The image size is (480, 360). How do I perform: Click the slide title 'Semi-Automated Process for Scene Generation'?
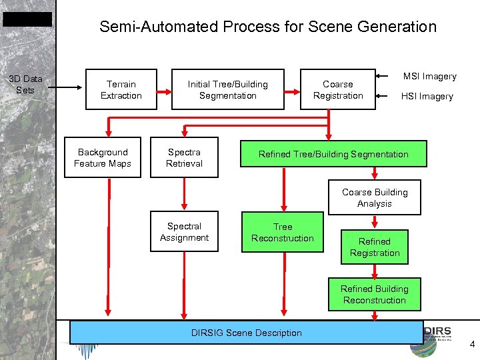point(267,27)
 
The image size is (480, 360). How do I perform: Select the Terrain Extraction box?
point(121,89)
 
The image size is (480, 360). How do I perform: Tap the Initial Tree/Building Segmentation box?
point(227,89)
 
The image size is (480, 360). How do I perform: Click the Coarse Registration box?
point(337,89)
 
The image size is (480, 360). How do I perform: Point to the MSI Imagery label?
point(429,76)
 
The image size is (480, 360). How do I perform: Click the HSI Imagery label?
point(427,97)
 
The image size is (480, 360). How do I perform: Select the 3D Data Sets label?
point(25,85)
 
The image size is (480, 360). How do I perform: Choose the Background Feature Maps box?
point(103,158)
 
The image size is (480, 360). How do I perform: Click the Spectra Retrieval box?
point(184,158)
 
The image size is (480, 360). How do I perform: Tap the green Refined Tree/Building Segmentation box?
point(333,155)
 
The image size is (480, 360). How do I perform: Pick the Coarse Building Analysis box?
point(374,198)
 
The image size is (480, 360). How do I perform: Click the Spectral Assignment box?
point(184,232)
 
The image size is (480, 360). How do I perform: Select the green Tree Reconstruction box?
point(283,233)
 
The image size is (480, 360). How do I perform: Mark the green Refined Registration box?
point(374,247)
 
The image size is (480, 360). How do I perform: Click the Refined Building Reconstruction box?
point(374,295)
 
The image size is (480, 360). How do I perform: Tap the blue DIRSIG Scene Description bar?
point(246,333)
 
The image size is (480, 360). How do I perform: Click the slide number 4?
point(472,345)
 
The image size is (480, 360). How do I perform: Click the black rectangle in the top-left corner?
point(27,19)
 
